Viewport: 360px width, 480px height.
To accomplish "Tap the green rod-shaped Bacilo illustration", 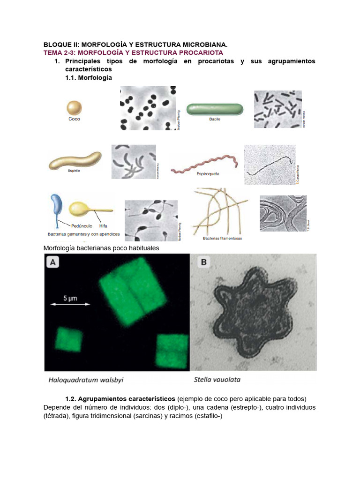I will (215, 109).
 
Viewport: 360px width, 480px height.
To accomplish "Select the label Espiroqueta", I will (208, 173).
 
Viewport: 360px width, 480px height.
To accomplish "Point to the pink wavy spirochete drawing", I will (205, 165).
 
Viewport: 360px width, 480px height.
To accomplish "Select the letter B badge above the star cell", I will (203, 262).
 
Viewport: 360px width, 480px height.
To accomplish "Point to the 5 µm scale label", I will (71, 297).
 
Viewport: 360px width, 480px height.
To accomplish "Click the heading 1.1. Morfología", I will (89, 77).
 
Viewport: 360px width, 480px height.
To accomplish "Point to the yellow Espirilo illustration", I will (75, 161).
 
